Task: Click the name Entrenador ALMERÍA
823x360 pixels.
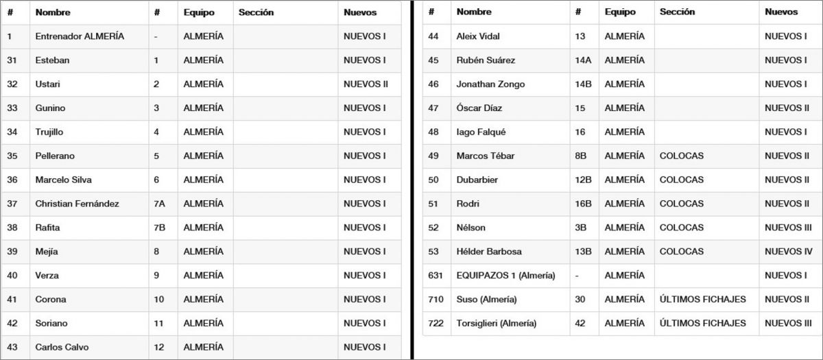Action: pyautogui.click(x=80, y=36)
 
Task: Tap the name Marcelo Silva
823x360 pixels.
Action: pyautogui.click(x=63, y=180)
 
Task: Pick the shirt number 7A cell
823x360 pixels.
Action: pyautogui.click(x=160, y=204)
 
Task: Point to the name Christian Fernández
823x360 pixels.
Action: pyautogui.click(x=77, y=204)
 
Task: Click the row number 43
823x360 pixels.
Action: pyautogui.click(x=12, y=347)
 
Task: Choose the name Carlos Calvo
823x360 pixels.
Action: pyautogui.click(x=62, y=347)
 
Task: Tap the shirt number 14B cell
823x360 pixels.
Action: pyautogui.click(x=583, y=84)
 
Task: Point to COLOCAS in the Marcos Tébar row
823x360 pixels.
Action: pyautogui.click(x=681, y=156)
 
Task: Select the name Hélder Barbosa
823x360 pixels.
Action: pyautogui.click(x=489, y=252)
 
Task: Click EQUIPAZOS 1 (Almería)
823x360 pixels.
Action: pyautogui.click(x=505, y=276)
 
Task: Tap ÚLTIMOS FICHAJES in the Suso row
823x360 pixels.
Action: pyautogui.click(x=702, y=300)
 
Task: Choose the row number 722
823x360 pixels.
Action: pyautogui.click(x=436, y=323)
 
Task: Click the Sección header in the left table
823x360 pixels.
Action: pyautogui.click(x=256, y=12)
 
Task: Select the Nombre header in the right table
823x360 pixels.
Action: pyautogui.click(x=474, y=12)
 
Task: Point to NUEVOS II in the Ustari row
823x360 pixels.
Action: pyautogui.click(x=366, y=84)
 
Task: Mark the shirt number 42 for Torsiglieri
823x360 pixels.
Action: pyautogui.click(x=580, y=323)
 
